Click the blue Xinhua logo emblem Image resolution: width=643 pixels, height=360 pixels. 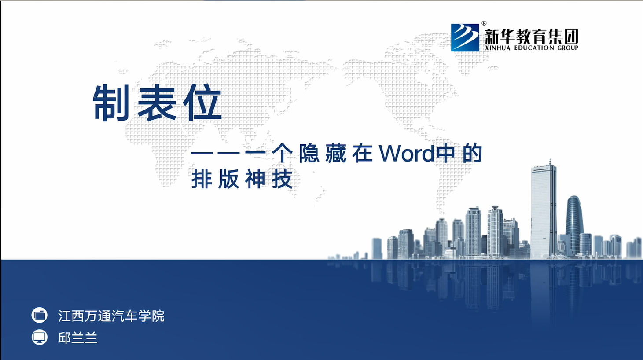pyautogui.click(x=465, y=37)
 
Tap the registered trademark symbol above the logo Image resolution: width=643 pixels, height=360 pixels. pyautogui.click(x=484, y=23)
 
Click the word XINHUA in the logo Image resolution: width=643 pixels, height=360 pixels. pyautogui.click(x=497, y=48)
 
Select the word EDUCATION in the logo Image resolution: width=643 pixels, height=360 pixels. pyautogui.click(x=534, y=48)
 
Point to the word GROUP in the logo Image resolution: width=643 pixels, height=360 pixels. pyautogui.click(x=567, y=48)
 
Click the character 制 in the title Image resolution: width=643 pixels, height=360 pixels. pyautogui.click(x=111, y=103)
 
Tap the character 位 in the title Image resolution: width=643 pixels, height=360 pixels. pyautogui.click(x=202, y=103)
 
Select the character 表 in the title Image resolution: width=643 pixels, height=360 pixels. pyautogui.click(x=157, y=103)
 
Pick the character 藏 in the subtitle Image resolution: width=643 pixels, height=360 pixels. pyautogui.click(x=336, y=153)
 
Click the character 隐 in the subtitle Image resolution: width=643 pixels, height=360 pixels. pyautogui.click(x=309, y=153)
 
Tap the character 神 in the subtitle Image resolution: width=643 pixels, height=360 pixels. pyautogui.click(x=255, y=179)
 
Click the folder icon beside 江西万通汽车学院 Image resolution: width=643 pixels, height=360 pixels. pyautogui.click(x=40, y=315)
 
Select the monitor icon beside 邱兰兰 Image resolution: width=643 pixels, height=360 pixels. pyautogui.click(x=40, y=337)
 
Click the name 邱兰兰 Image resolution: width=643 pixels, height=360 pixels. pyautogui.click(x=78, y=338)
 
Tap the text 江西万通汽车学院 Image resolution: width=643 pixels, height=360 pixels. pyautogui.click(x=111, y=316)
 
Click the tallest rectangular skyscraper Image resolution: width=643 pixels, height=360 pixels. pyautogui.click(x=544, y=211)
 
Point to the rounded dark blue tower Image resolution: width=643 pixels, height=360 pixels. pyautogui.click(x=574, y=225)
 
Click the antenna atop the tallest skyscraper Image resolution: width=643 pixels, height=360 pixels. pyautogui.click(x=550, y=162)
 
